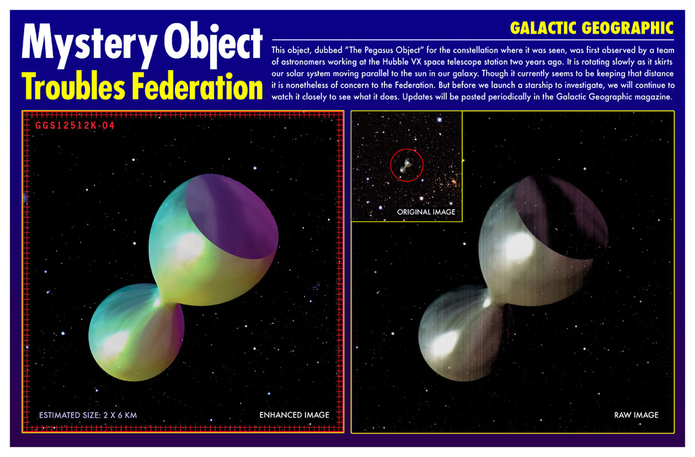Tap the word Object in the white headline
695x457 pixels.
point(213,44)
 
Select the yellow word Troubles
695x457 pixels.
point(73,87)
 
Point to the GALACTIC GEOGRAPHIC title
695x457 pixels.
point(592,28)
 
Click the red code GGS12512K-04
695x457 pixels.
point(75,126)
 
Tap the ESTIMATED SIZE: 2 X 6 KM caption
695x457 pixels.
point(88,415)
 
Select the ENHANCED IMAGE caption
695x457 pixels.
point(294,415)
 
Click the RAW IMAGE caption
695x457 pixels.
point(636,415)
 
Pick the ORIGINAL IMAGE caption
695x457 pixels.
point(426,212)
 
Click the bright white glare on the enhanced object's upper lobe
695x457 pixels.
point(189,246)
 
